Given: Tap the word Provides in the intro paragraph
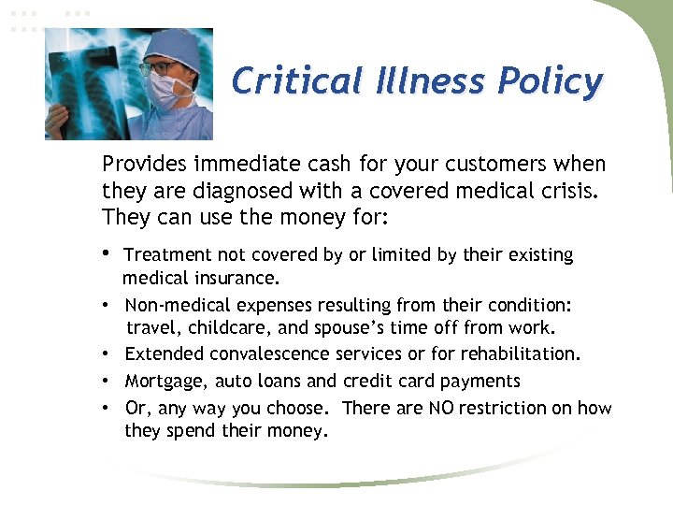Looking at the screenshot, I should coord(144,165).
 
